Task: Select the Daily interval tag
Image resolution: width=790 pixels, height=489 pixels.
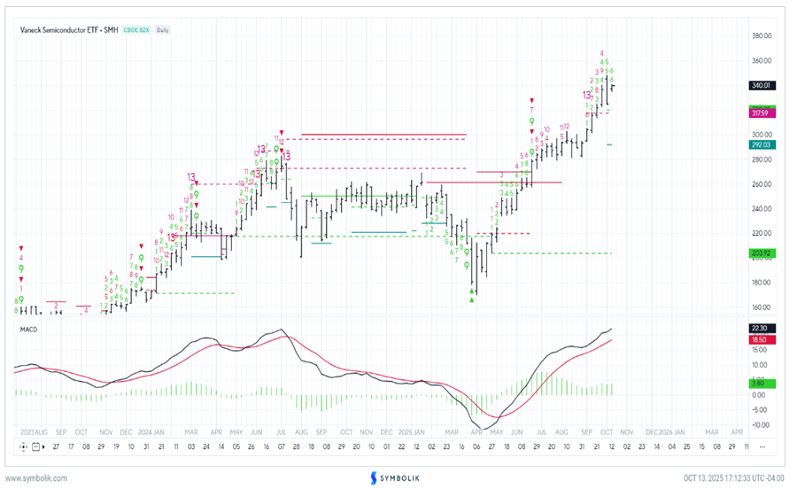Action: [163, 30]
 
